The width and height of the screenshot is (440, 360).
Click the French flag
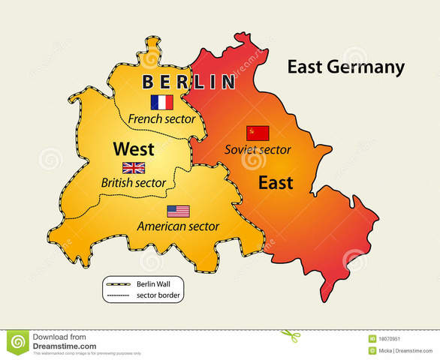(161, 102)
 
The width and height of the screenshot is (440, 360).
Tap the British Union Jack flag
(134, 168)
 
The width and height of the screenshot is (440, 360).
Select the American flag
(178, 211)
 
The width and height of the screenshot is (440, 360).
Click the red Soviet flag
(258, 133)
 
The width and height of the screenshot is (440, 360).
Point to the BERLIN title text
(188, 82)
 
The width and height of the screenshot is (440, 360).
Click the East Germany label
(345, 67)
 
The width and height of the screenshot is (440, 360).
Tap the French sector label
(161, 118)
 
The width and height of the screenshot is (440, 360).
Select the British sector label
(134, 183)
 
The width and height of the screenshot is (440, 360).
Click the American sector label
(178, 226)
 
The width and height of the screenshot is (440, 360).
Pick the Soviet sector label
(258, 149)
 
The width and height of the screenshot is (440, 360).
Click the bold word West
(134, 148)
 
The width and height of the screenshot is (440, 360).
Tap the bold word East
(276, 182)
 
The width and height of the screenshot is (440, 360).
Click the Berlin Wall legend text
(154, 283)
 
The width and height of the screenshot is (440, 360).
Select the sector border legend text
(158, 295)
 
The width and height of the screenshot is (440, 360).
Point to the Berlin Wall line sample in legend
(119, 284)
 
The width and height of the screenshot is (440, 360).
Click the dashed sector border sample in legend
(119, 295)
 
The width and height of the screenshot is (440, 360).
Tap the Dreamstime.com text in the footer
(65, 346)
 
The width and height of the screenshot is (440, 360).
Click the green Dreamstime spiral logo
(17, 342)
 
